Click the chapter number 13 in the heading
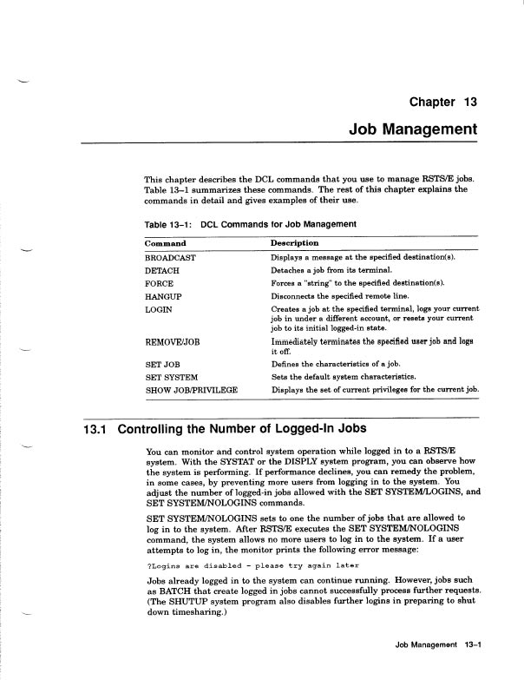[470, 102]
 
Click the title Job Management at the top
[412, 129]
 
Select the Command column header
[165, 243]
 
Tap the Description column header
[294, 243]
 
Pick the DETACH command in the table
[162, 272]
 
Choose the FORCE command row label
[159, 284]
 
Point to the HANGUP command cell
[162, 297]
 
